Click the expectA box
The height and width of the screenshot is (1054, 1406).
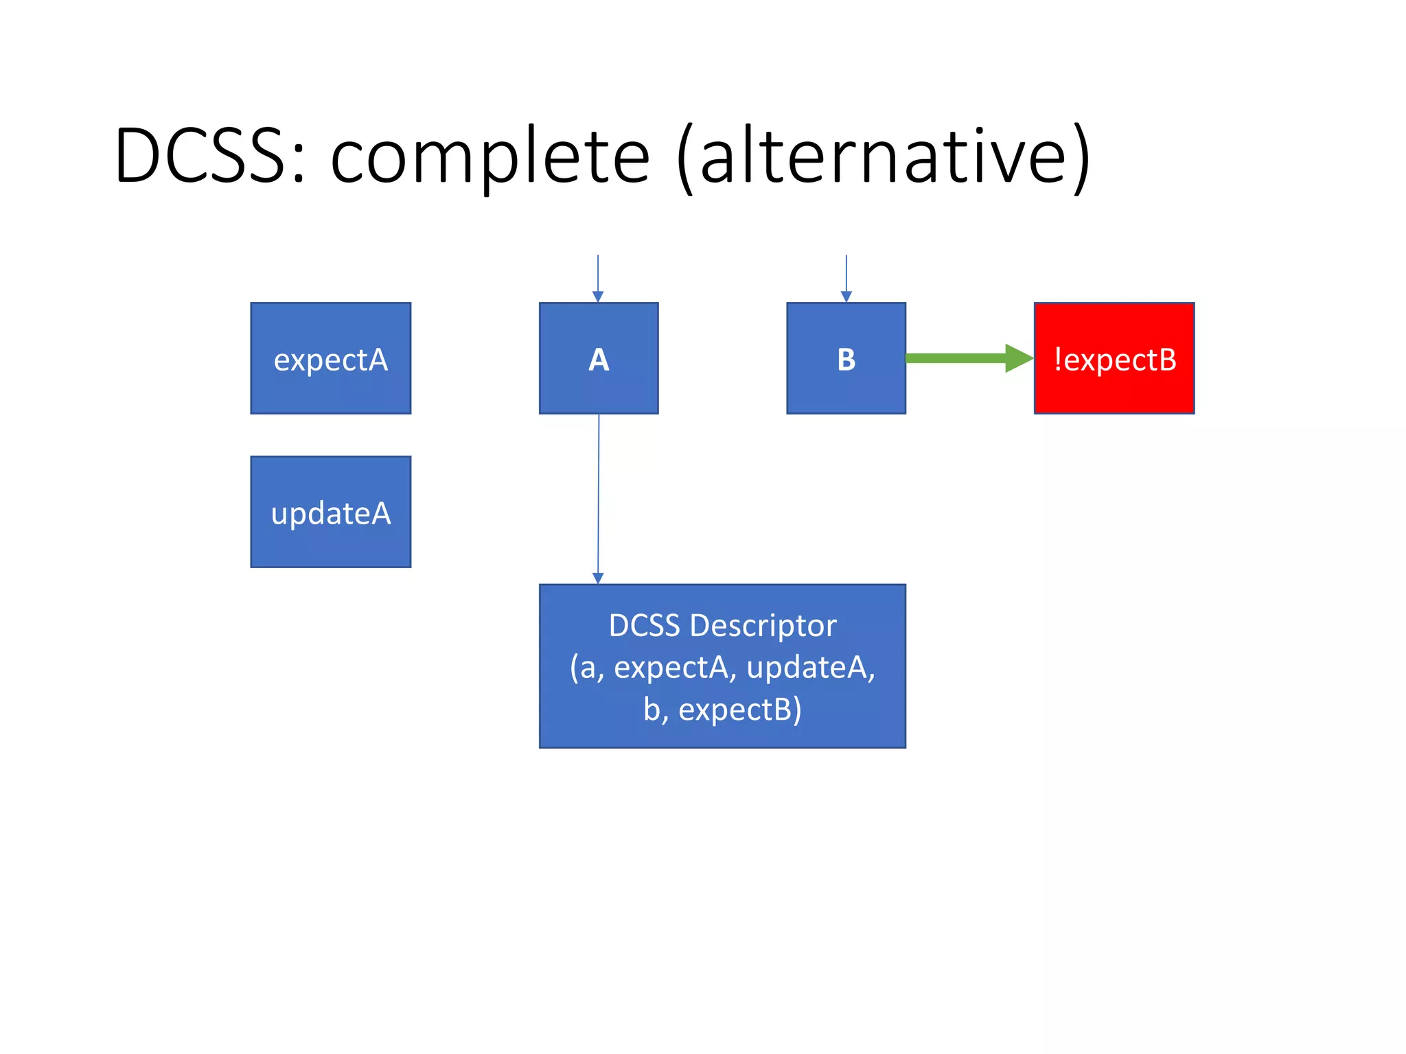click(330, 358)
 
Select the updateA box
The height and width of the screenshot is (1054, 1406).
click(330, 512)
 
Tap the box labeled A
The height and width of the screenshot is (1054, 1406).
click(598, 358)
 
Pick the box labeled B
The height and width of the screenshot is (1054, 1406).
click(846, 358)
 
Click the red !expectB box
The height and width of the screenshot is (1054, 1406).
click(1114, 358)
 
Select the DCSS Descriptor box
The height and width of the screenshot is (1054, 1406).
click(722, 666)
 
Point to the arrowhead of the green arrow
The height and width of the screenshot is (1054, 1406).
click(1019, 358)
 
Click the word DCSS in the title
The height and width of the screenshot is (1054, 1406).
click(200, 156)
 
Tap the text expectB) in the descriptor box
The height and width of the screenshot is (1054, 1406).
click(740, 710)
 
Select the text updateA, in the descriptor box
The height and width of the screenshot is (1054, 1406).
click(810, 668)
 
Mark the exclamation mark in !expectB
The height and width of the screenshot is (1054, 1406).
click(1058, 359)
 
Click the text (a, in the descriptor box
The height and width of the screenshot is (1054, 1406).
click(587, 668)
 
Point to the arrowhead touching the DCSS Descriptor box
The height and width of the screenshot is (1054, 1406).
click(598, 578)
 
